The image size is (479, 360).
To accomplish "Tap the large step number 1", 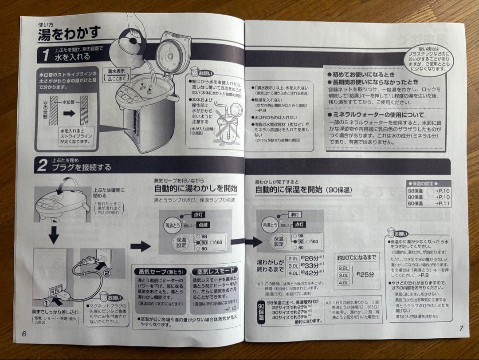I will click(x=46, y=55).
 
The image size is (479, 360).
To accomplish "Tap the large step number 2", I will click(x=42, y=166).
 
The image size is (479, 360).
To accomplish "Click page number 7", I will click(x=461, y=328).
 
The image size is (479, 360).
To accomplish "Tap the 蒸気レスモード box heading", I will click(x=214, y=270).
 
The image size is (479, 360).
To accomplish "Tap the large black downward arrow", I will click(x=54, y=234).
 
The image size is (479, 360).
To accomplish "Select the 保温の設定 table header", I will click(x=428, y=183).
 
